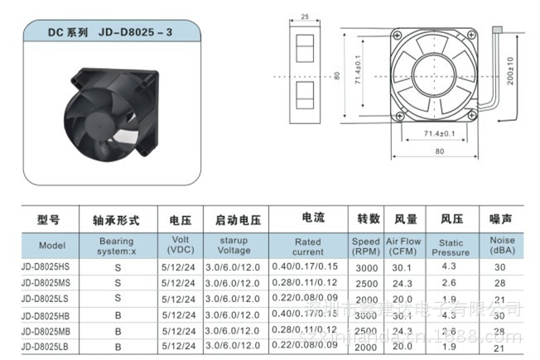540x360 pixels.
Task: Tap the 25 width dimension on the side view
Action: point(305,17)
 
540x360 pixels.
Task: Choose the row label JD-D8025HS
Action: point(46,267)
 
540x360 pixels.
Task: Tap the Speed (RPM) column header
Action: point(366,246)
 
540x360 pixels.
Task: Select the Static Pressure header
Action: point(450,247)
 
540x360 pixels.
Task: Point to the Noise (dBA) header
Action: point(500,246)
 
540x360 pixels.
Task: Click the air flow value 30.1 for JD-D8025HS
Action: point(402,267)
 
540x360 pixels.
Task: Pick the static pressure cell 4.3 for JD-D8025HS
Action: point(449,266)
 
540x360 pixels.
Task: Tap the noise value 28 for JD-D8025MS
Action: point(499,282)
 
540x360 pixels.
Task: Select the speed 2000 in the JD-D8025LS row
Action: point(365,298)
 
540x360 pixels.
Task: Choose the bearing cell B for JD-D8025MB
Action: point(118,330)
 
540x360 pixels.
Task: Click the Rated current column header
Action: point(308,247)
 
